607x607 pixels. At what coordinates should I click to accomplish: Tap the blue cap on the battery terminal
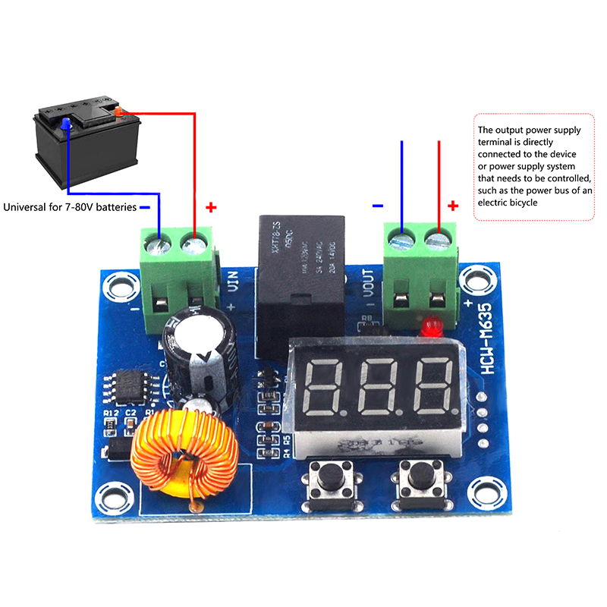pos(66,123)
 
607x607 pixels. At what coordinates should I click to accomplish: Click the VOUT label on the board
pos(368,284)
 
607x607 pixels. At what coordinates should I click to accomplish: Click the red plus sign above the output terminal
pos(453,206)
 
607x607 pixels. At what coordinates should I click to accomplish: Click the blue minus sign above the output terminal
pos(377,206)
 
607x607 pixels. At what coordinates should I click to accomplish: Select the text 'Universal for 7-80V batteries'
pos(70,206)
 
